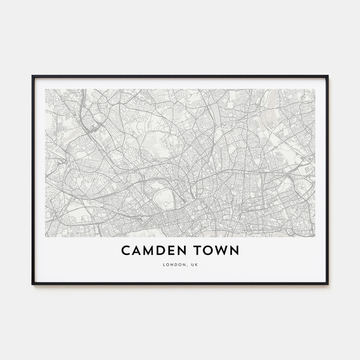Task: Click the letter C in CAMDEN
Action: (x=126, y=250)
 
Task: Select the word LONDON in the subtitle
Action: (x=172, y=265)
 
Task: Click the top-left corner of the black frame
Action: (x=32, y=76)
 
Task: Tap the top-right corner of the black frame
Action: (x=328, y=76)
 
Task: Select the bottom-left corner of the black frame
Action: (x=32, y=284)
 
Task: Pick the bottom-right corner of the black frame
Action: (x=328, y=284)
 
